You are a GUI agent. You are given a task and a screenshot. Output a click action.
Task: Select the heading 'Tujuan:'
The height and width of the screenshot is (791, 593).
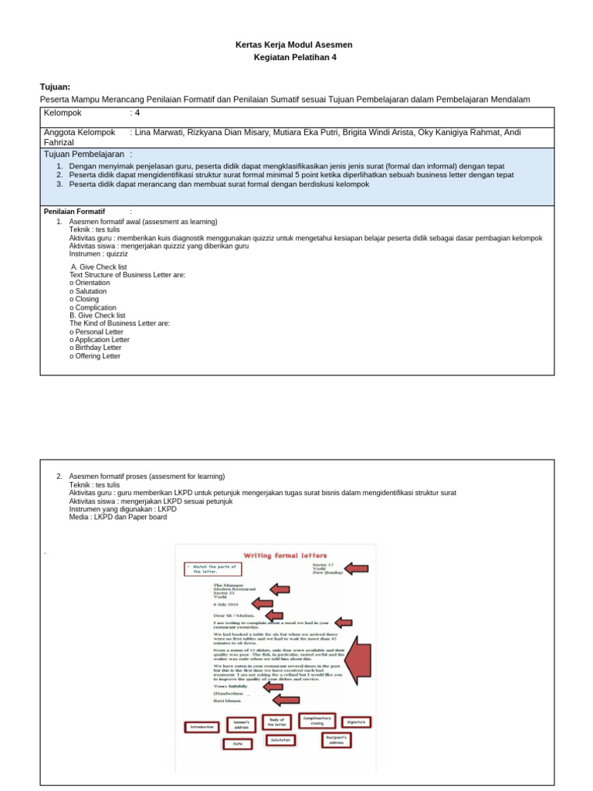click(x=55, y=87)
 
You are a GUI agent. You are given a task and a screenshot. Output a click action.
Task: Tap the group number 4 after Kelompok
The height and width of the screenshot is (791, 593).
click(x=137, y=113)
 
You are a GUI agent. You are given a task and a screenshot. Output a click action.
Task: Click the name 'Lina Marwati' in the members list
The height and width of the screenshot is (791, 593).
click(x=158, y=132)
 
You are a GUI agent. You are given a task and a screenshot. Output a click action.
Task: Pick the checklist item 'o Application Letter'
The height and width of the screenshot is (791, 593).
click(x=99, y=339)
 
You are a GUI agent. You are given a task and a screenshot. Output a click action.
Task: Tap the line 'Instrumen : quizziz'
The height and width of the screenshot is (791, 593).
click(x=98, y=253)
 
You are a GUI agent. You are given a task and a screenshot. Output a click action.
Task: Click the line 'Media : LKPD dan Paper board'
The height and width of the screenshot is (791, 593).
click(x=117, y=517)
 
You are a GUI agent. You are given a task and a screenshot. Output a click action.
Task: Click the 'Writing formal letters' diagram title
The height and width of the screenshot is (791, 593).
click(x=286, y=555)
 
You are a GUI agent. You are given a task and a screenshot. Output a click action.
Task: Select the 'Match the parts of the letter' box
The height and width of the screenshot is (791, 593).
click(x=212, y=569)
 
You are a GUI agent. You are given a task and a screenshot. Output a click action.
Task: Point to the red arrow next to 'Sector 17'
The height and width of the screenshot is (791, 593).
click(x=356, y=569)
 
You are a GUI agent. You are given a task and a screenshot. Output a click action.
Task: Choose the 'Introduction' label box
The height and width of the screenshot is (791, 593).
click(x=202, y=727)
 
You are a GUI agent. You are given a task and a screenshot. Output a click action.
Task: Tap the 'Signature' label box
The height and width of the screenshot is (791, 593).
click(x=356, y=722)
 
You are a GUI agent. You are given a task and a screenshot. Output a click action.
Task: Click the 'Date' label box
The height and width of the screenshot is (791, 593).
click(x=237, y=744)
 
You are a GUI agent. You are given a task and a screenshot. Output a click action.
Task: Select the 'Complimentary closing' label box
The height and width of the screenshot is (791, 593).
click(x=317, y=721)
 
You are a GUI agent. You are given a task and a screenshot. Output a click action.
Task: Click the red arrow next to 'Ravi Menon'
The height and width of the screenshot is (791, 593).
click(x=286, y=700)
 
